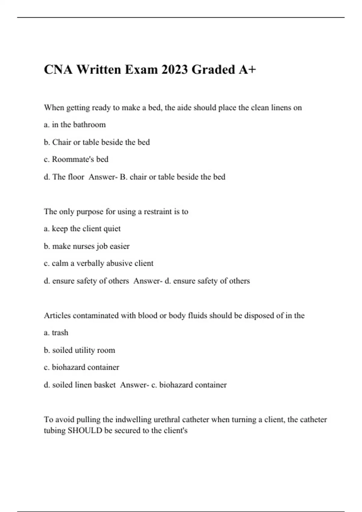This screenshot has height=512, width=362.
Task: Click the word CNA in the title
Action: (x=58, y=70)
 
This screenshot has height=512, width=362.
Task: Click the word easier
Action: (x=119, y=246)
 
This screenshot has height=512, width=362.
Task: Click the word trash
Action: (x=60, y=333)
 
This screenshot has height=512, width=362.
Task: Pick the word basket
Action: (x=105, y=385)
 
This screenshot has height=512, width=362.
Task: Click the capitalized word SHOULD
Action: (x=85, y=430)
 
